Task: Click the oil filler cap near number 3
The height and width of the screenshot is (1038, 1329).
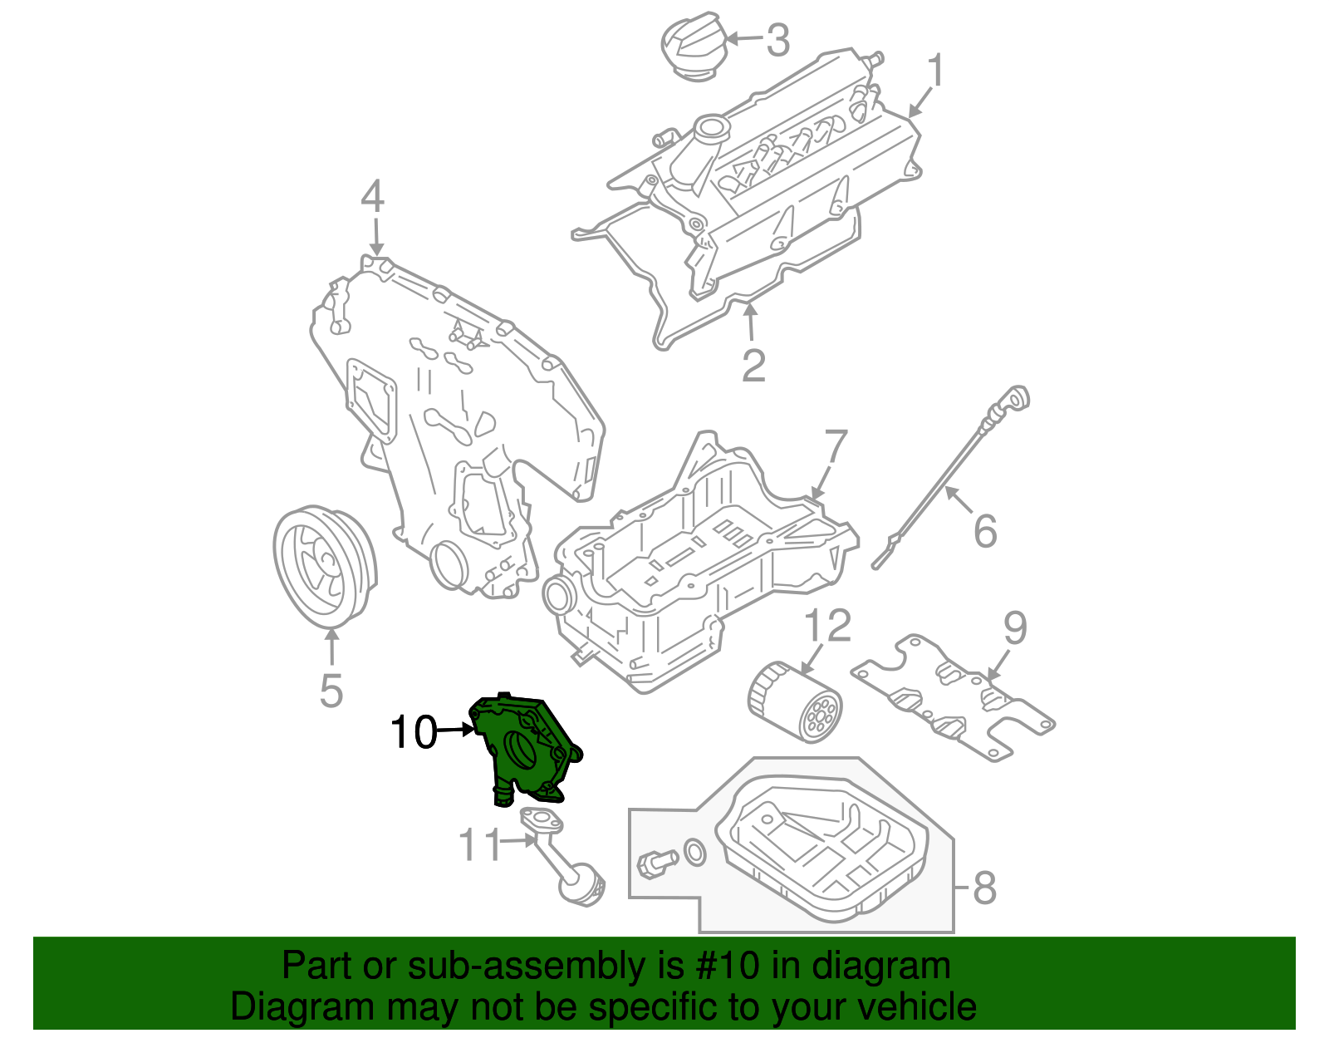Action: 692,46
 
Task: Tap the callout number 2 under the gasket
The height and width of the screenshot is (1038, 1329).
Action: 753,366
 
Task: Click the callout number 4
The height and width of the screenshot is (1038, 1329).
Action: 373,199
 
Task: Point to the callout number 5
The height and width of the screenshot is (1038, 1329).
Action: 331,690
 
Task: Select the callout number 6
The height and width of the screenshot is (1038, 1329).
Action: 985,531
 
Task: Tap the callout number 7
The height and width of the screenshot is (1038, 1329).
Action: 835,450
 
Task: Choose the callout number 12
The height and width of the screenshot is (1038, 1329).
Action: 827,626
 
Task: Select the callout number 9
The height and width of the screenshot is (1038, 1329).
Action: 1015,629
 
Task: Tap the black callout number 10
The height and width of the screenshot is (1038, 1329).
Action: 413,732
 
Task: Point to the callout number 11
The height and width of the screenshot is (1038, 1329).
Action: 480,845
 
